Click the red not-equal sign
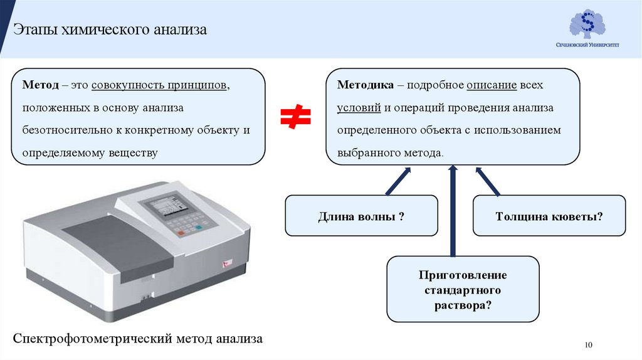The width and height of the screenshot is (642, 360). (295, 117)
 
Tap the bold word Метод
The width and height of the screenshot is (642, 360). (41, 85)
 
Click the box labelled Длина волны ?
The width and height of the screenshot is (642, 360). (361, 216)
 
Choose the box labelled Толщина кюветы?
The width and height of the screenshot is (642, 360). (549, 216)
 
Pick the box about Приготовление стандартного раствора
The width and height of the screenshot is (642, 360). (463, 289)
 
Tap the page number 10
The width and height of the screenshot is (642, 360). (588, 345)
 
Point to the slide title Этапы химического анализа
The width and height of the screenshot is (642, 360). (110, 29)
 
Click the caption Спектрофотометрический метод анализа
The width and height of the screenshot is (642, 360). (139, 339)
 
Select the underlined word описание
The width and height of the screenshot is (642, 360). (491, 85)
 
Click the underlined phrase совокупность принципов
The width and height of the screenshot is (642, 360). (160, 85)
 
